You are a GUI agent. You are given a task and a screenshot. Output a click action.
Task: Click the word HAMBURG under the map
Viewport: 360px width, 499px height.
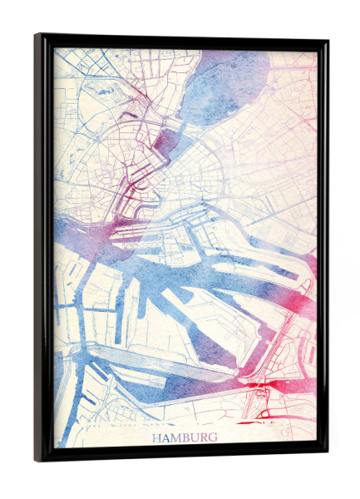pyautogui.click(x=185, y=437)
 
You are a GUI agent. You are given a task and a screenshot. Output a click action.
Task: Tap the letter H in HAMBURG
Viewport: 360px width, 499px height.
pyautogui.click(x=157, y=437)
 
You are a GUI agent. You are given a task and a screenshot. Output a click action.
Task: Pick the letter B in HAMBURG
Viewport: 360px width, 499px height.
pyautogui.click(x=185, y=437)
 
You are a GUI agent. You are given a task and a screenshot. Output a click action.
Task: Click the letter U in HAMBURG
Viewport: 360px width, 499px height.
pyautogui.click(x=194, y=437)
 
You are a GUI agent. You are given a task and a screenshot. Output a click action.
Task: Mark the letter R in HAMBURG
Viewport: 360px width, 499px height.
pyautogui.click(x=203, y=437)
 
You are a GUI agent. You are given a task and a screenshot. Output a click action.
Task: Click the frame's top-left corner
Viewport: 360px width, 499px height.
pyautogui.click(x=38, y=37)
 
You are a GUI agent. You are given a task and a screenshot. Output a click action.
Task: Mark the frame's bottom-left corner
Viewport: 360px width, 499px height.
pyautogui.click(x=38, y=458)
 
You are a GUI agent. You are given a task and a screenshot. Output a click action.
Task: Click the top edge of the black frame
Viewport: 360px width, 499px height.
pyautogui.click(x=183, y=38)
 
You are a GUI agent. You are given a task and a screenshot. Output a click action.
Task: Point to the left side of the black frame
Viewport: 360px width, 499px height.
pyautogui.click(x=39, y=249)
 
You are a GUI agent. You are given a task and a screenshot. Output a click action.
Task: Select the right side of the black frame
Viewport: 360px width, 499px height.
pyautogui.click(x=324, y=249)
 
